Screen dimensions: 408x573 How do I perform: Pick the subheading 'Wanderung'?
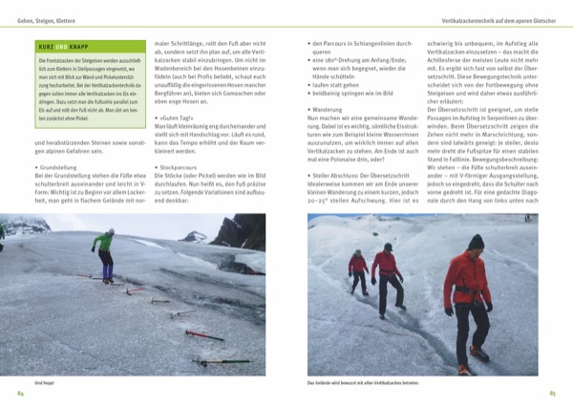pyautogui.click(x=330, y=108)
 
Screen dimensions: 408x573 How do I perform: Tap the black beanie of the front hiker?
pyautogui.click(x=476, y=241)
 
